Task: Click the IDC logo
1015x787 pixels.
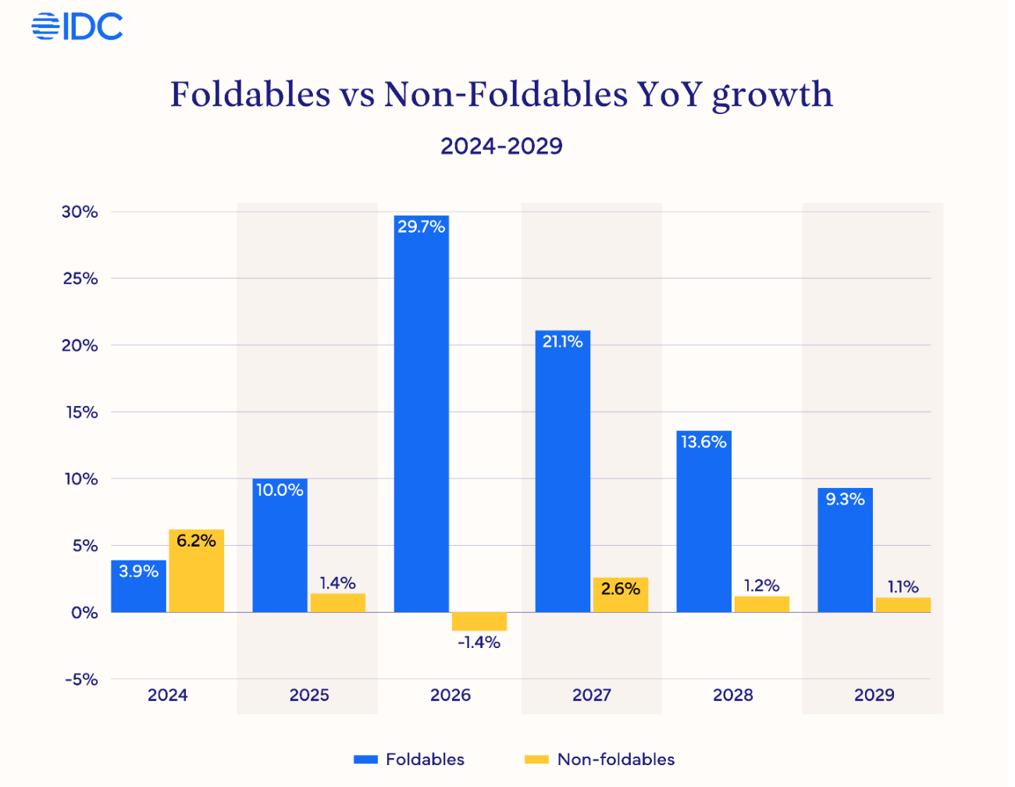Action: (77, 27)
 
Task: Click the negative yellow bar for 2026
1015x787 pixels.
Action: (479, 621)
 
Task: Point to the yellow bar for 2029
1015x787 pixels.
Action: (903, 604)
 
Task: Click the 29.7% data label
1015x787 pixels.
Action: (422, 227)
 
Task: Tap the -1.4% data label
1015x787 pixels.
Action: (479, 643)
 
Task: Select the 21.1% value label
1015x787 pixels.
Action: (563, 342)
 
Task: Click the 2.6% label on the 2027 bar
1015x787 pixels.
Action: (621, 589)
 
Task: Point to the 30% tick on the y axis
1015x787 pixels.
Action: (80, 212)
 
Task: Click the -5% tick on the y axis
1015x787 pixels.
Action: (81, 680)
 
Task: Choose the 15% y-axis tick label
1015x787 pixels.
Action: (81, 412)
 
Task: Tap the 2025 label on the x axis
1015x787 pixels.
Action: (309, 696)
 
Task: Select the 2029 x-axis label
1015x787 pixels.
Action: (874, 696)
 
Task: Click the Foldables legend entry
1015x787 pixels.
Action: (409, 760)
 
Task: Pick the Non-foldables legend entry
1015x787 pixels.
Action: (600, 760)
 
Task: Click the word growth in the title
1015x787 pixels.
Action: (772, 95)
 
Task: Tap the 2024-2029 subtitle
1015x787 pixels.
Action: (501, 146)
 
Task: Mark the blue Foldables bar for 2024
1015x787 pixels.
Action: (139, 586)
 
